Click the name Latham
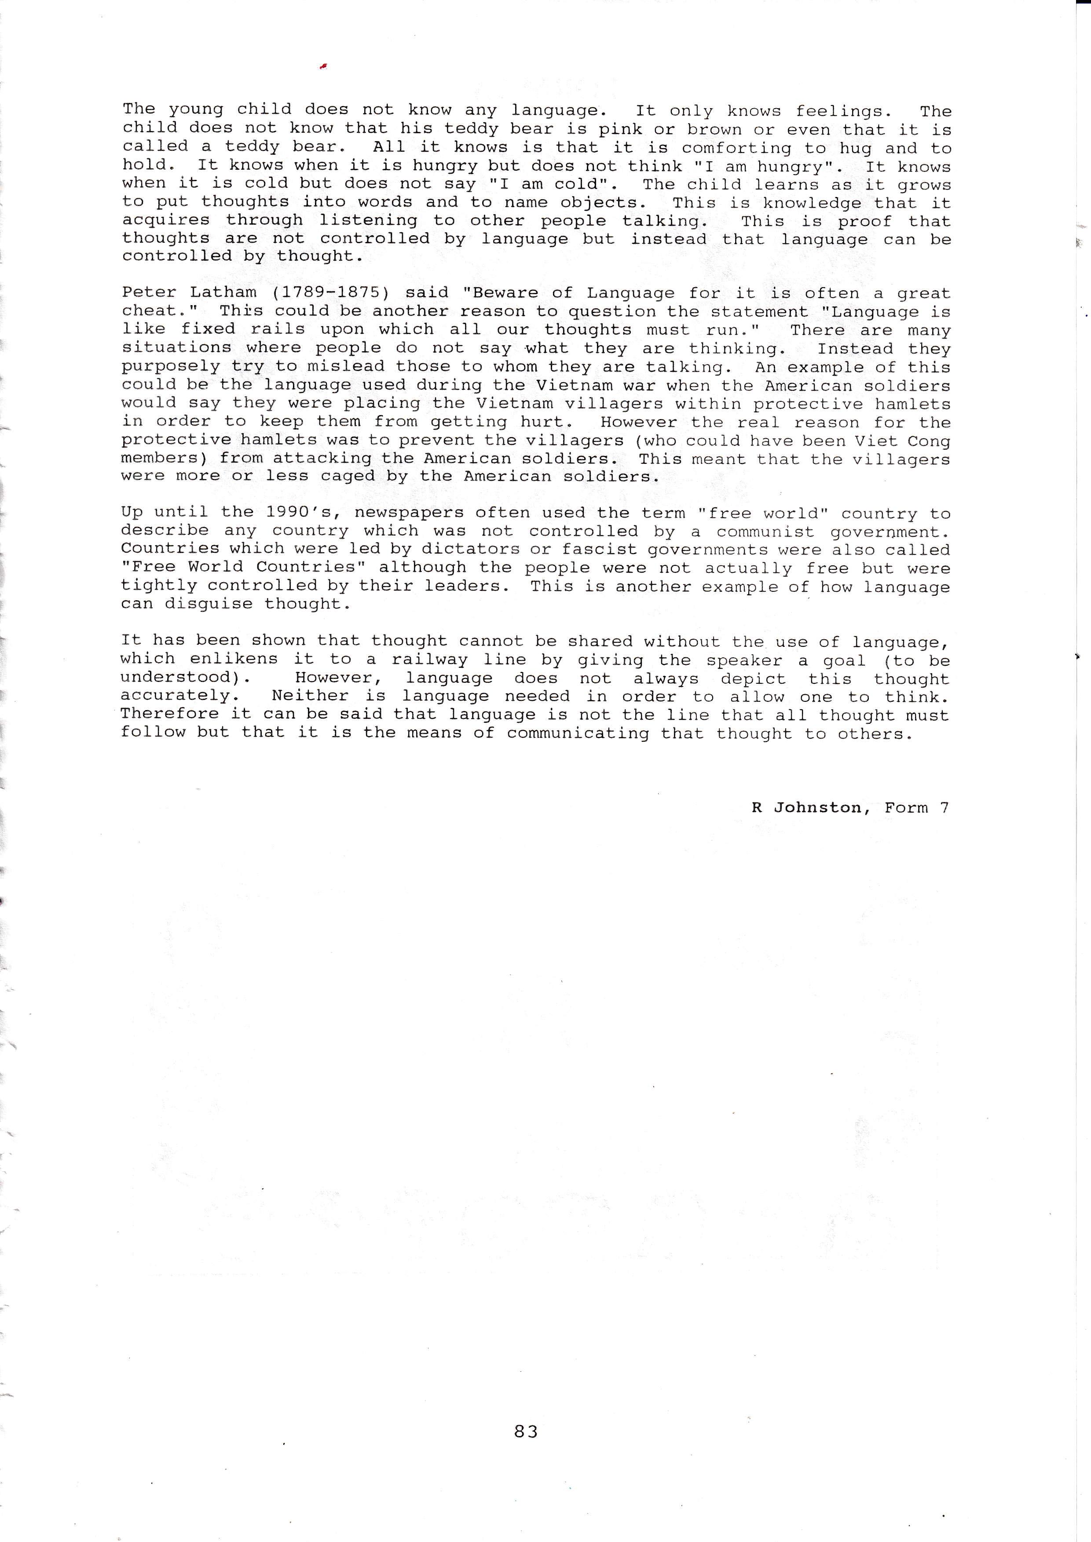[x=224, y=293]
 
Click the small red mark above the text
[x=323, y=65]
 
